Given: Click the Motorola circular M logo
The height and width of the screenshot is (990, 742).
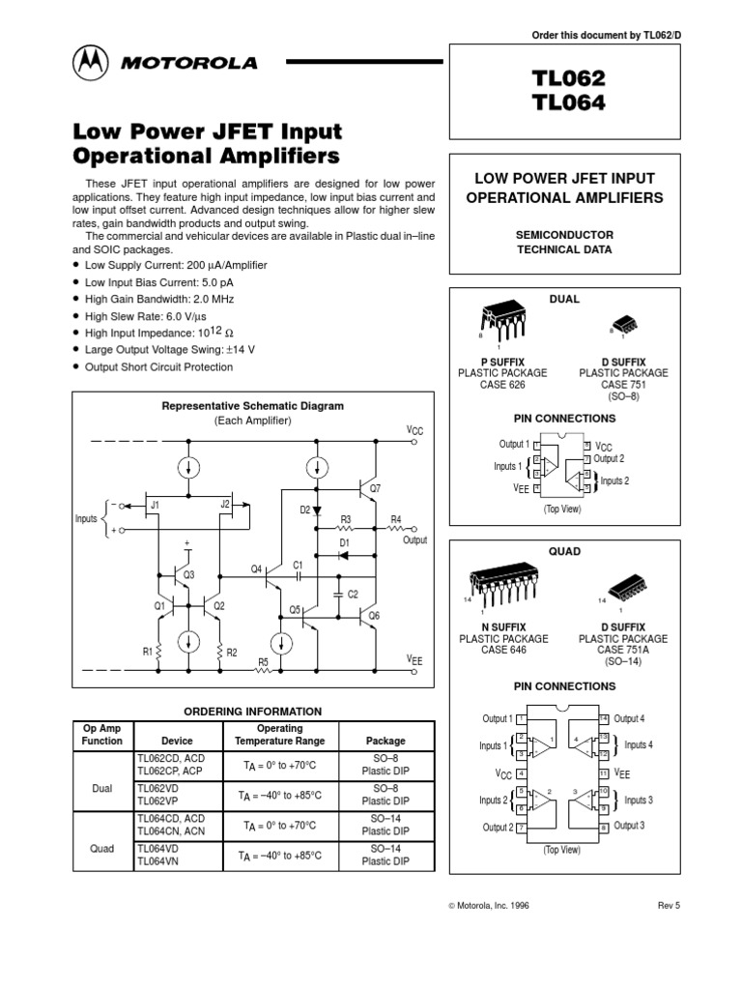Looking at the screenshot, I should pyautogui.click(x=93, y=64).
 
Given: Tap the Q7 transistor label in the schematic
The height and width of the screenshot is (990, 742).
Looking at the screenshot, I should pyautogui.click(x=375, y=489).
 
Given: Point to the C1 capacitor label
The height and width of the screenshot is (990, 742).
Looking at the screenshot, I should pyautogui.click(x=299, y=564).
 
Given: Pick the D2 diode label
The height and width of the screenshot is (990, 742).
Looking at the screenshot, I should pyautogui.click(x=304, y=510).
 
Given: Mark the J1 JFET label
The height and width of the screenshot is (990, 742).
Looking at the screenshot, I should pyautogui.click(x=155, y=505).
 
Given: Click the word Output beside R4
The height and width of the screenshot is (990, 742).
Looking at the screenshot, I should pyautogui.click(x=415, y=540).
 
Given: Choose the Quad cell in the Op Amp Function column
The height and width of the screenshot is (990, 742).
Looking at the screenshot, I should pyautogui.click(x=102, y=848).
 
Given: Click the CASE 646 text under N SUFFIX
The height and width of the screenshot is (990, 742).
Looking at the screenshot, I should pyautogui.click(x=501, y=651).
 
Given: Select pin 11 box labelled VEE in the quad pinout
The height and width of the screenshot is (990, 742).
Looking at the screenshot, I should pyautogui.click(x=604, y=773).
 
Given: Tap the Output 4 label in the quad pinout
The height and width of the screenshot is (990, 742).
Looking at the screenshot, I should pyautogui.click(x=629, y=718).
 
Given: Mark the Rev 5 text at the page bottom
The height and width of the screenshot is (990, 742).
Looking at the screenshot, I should pyautogui.click(x=670, y=906).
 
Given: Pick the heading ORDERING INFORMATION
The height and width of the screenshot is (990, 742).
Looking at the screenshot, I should pyautogui.click(x=252, y=711).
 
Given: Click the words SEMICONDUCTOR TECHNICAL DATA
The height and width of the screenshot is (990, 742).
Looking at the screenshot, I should pyautogui.click(x=563, y=242).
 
